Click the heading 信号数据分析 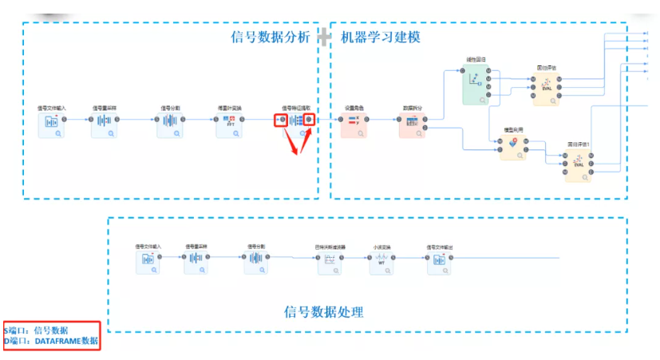(x=269, y=37)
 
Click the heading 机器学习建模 (x=381, y=37)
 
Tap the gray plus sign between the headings (x=324, y=37)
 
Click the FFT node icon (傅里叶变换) (x=229, y=125)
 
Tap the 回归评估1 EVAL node (x=578, y=164)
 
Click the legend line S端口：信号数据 (x=37, y=330)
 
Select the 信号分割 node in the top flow (x=170, y=125)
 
